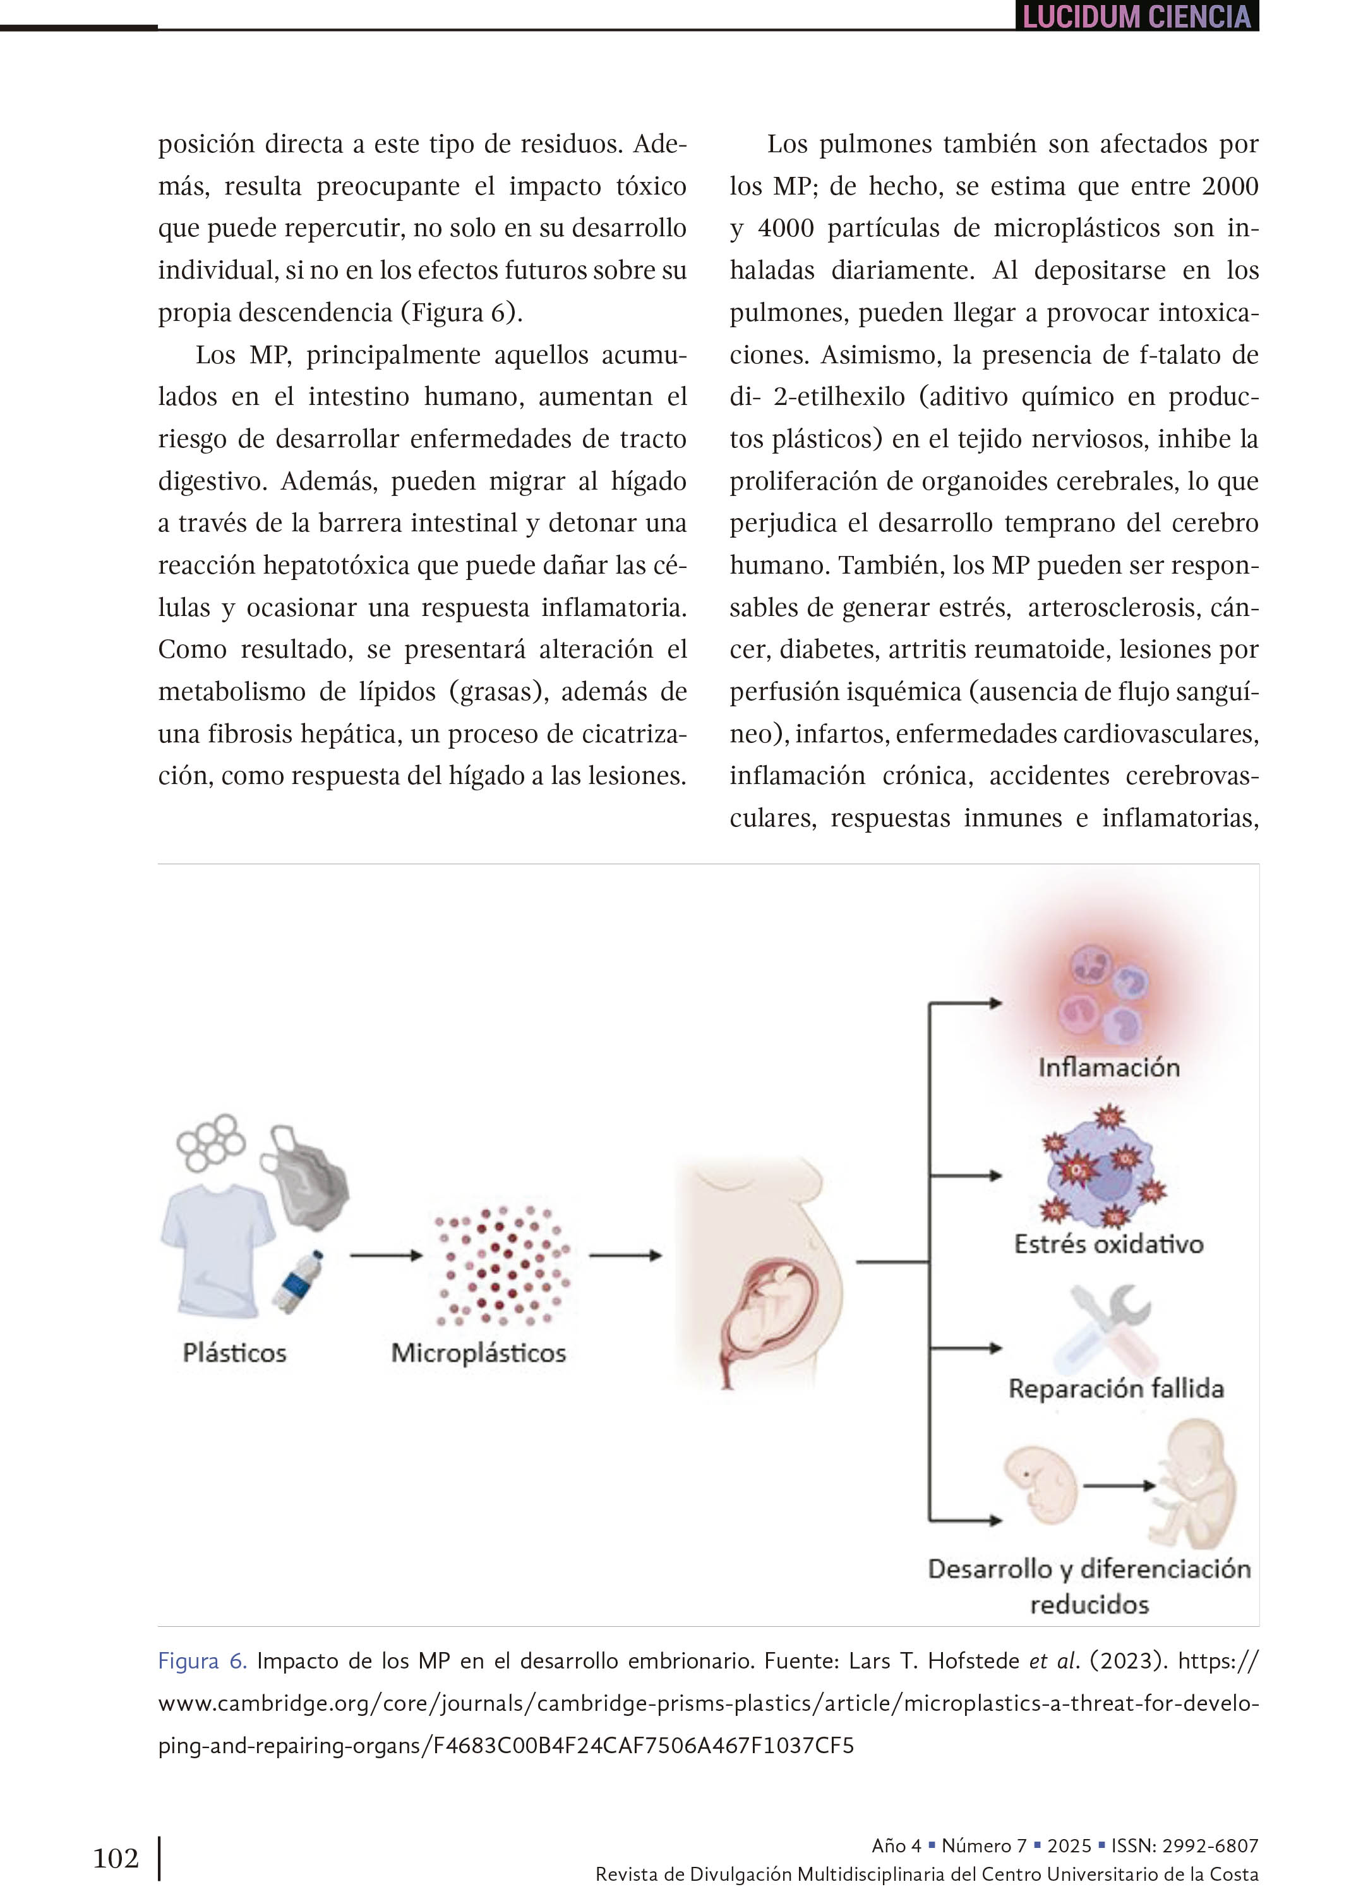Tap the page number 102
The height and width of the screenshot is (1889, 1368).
116,1857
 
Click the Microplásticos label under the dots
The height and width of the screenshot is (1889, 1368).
478,1352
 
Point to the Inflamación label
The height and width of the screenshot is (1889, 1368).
1108,1067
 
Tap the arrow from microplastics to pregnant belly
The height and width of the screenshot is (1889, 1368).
625,1255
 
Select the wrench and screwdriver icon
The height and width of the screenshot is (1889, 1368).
1112,1329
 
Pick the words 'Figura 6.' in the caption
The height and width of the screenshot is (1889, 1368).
202,1662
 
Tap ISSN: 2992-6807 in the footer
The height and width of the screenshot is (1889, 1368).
1184,1845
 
